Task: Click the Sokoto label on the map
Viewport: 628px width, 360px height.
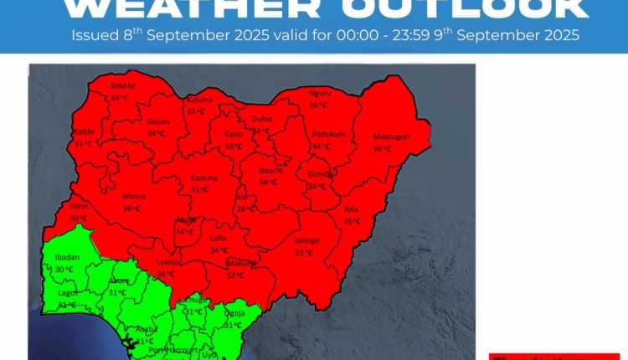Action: point(122,86)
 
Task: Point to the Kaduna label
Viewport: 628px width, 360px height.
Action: point(204,177)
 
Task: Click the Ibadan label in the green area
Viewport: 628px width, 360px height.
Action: point(65,257)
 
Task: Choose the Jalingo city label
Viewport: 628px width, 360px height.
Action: point(306,240)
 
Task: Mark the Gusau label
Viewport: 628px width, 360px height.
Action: point(157,121)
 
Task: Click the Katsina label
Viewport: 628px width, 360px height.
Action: point(199,100)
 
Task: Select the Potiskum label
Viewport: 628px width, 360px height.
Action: point(323,134)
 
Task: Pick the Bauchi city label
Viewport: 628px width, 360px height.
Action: point(269,170)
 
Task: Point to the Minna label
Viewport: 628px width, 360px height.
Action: point(135,197)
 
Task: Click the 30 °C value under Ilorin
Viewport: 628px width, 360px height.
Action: point(79,219)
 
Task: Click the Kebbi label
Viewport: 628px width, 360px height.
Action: point(83,132)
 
